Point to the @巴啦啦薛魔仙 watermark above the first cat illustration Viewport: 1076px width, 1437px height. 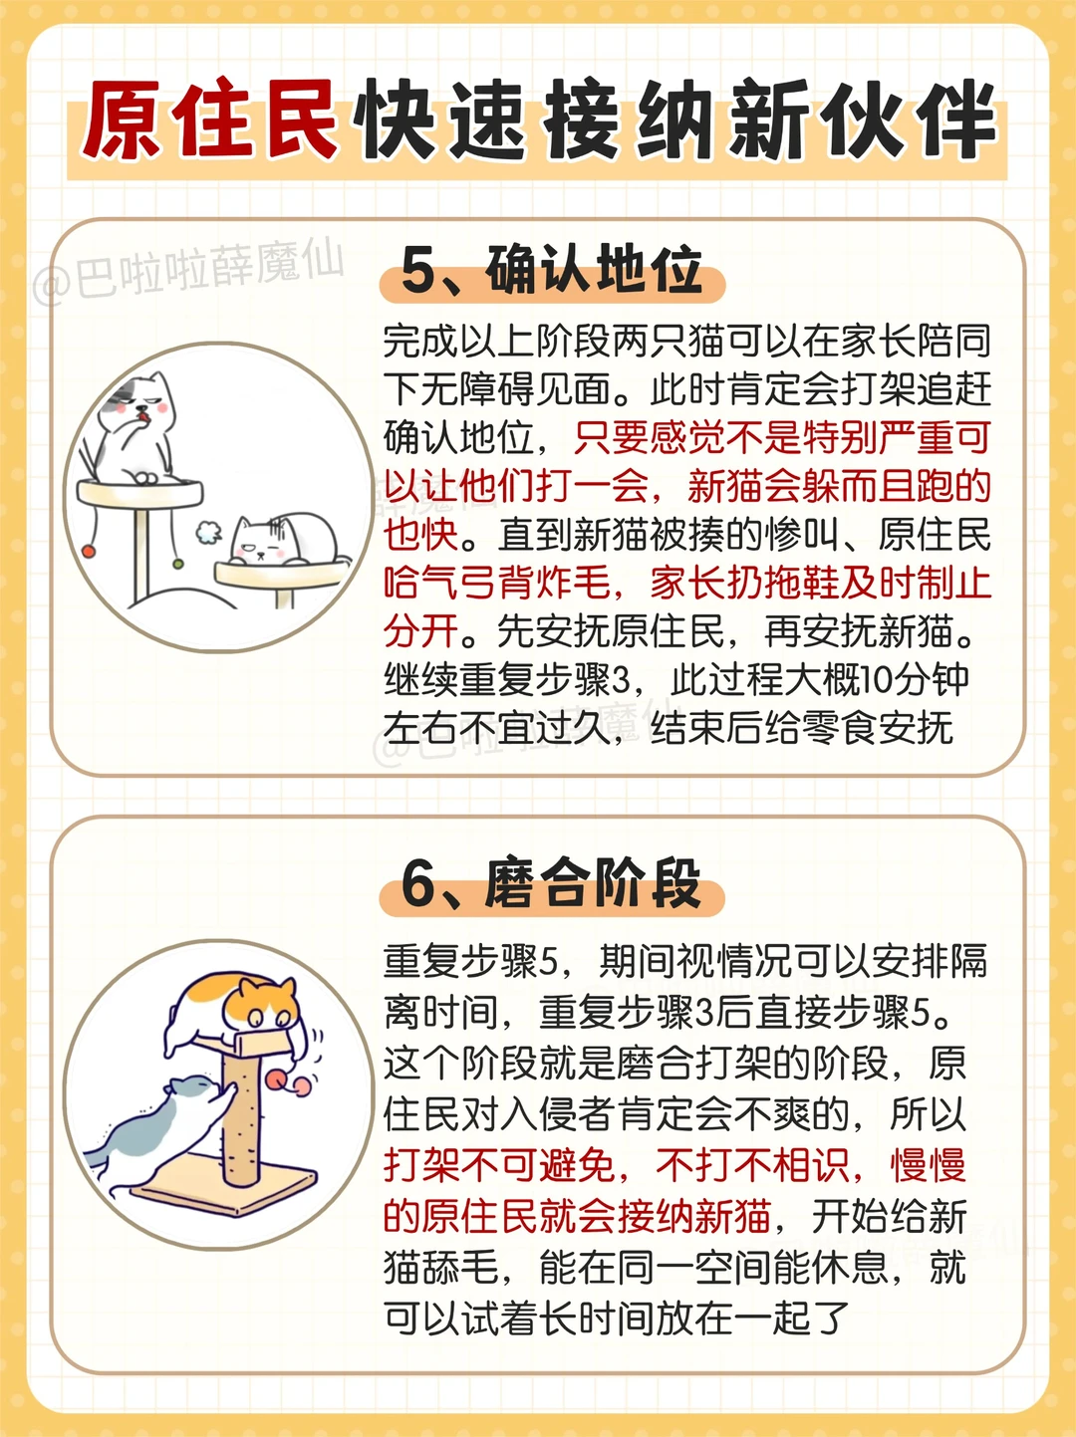tap(188, 273)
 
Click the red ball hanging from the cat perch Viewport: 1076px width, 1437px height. tap(88, 552)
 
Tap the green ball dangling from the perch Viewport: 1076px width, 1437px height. tap(177, 564)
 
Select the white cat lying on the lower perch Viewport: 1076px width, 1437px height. tap(285, 539)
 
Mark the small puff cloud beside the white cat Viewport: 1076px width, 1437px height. tap(209, 533)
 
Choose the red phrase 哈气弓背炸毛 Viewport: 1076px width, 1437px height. tap(497, 583)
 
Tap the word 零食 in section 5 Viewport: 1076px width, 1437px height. tap(838, 729)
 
